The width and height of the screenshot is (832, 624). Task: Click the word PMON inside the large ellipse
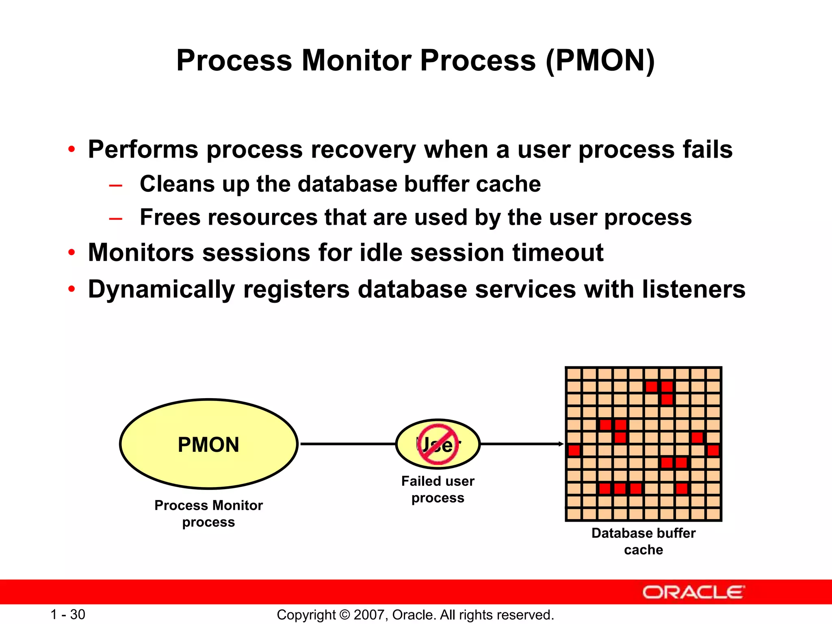click(208, 444)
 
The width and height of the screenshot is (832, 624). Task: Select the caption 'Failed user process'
click(438, 489)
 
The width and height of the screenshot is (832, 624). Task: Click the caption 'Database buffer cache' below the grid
click(643, 541)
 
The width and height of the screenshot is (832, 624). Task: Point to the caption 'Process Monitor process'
click(208, 513)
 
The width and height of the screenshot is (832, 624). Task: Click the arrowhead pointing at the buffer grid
click(561, 444)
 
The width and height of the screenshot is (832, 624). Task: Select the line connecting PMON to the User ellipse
click(347, 444)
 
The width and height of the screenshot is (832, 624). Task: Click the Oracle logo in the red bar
click(693, 592)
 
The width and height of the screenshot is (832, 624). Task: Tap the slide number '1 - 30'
click(67, 615)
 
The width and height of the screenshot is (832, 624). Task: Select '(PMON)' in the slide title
click(600, 61)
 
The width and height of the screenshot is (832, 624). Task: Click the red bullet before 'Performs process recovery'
click(71, 149)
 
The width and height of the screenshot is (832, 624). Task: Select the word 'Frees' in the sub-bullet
click(170, 217)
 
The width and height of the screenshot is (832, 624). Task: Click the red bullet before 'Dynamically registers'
click(71, 289)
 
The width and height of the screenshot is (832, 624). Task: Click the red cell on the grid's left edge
click(574, 450)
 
